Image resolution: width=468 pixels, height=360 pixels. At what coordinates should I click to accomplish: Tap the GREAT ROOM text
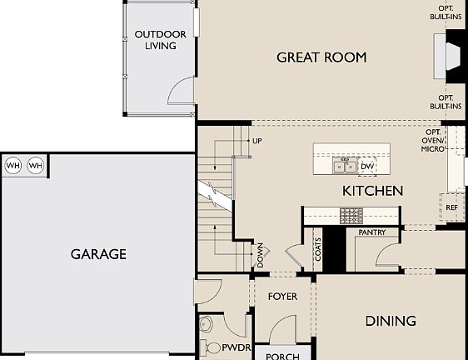[x=321, y=57]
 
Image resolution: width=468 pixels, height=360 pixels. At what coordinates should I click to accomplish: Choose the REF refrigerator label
[x=451, y=207]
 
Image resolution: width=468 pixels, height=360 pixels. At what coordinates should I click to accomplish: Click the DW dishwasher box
[x=367, y=167]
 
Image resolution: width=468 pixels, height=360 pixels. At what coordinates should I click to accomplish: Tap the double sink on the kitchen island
[x=345, y=167]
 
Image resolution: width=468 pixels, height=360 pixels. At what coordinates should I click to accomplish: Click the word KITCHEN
[x=372, y=191]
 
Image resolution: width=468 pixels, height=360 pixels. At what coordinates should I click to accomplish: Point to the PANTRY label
[x=371, y=232]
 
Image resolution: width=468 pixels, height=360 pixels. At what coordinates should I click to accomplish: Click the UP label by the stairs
[x=256, y=141]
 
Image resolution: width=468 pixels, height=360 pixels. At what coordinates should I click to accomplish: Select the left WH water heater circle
[x=13, y=166]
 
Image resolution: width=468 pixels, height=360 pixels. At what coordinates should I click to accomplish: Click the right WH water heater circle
[x=35, y=166]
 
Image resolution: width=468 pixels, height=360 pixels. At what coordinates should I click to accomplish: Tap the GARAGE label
[x=98, y=254]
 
